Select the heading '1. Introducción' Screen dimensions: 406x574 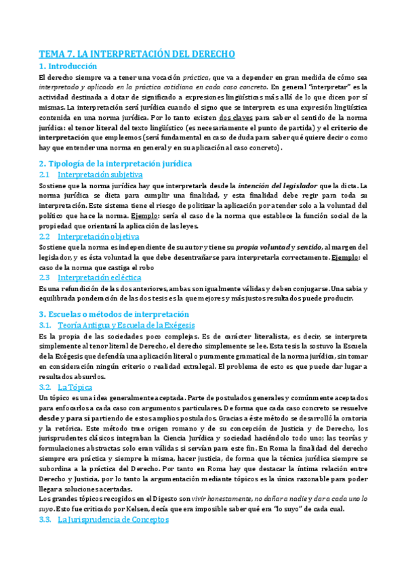click(68, 66)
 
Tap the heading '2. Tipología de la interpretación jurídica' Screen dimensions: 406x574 click(115, 163)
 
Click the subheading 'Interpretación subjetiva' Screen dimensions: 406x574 click(95, 175)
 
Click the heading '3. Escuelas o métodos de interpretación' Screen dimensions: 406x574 click(114, 314)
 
